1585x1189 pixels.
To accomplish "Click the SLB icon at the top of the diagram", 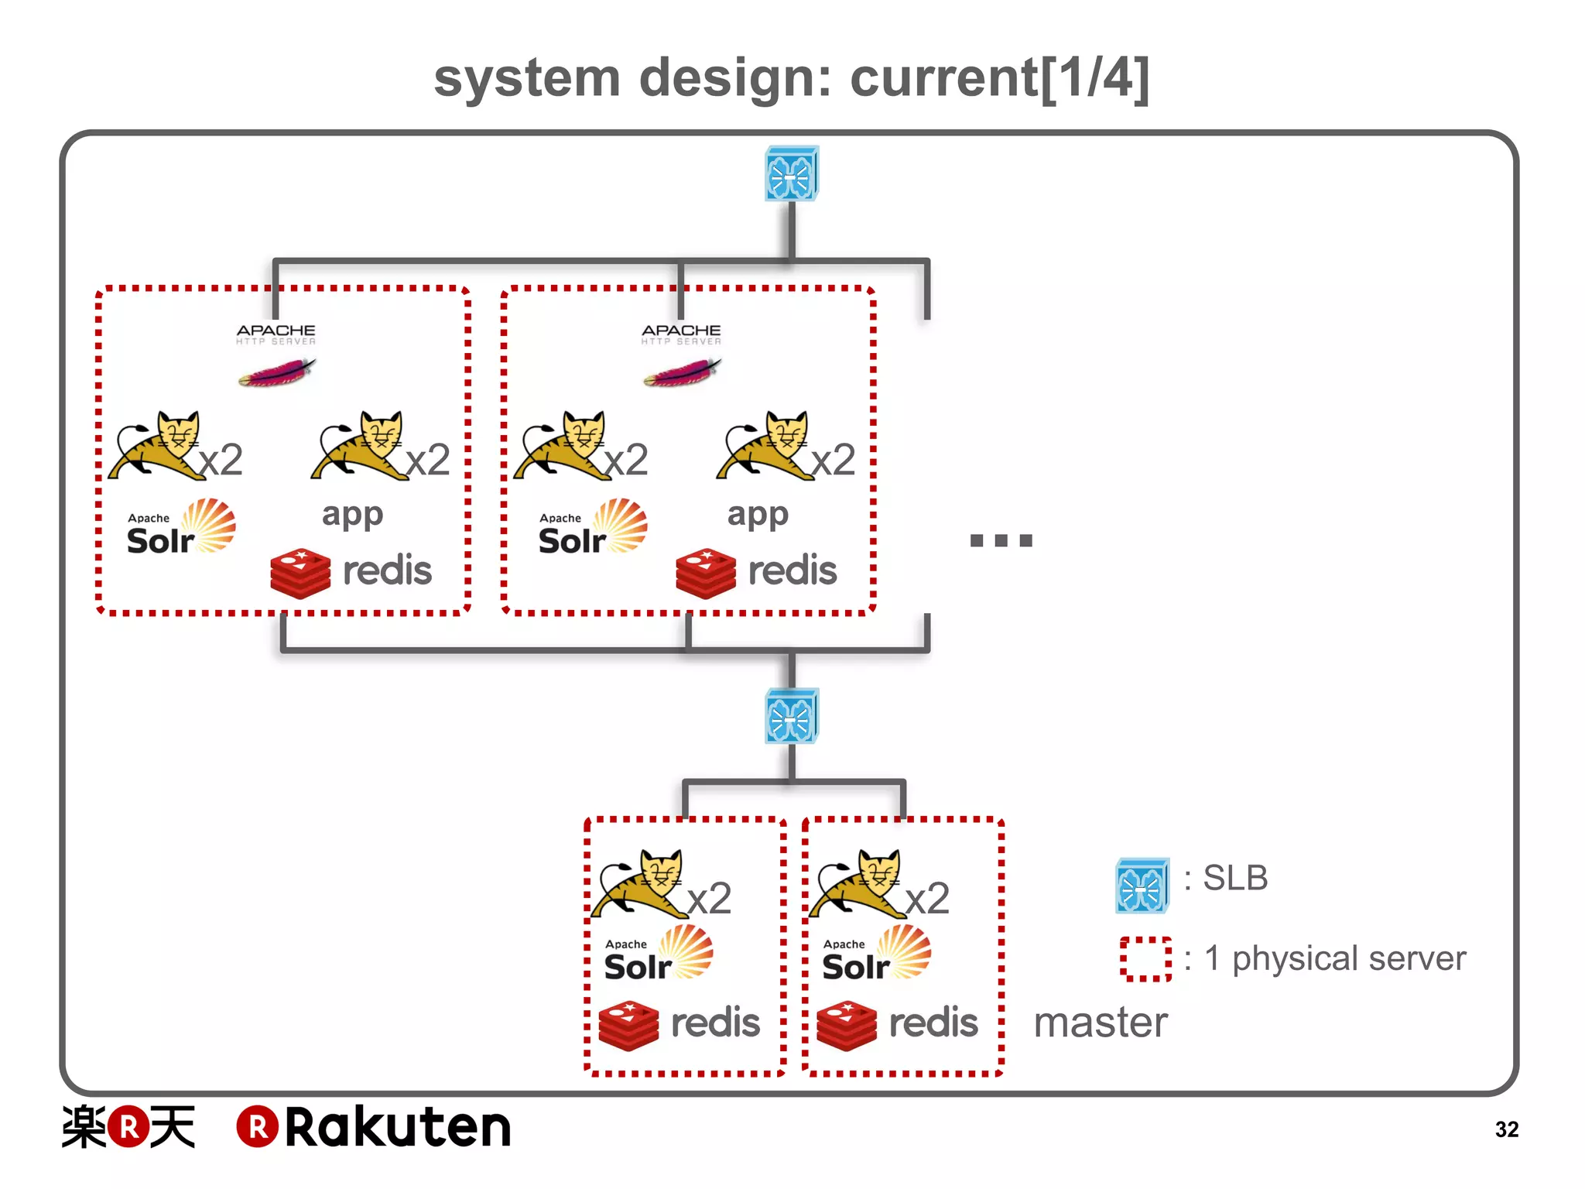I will [791, 174].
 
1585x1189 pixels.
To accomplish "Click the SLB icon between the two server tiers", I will [791, 716].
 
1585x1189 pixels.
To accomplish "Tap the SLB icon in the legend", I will [1142, 886].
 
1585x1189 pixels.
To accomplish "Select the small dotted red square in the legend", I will [1145, 959].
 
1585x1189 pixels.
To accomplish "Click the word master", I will [1100, 1023].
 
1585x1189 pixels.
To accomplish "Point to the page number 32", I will [1506, 1129].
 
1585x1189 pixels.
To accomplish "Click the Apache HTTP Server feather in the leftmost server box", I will [276, 372].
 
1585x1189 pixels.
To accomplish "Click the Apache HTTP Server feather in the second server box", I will [682, 372].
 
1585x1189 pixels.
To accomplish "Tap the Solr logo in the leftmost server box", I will [181, 529].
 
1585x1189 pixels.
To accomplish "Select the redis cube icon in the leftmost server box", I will [300, 574].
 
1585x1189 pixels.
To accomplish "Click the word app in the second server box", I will [757, 515].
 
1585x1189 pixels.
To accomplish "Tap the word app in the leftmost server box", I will [352, 515].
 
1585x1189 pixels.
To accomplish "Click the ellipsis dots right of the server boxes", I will [1001, 540].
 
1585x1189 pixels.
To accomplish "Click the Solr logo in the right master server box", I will [876, 954].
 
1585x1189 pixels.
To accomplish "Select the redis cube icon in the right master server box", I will [847, 1026].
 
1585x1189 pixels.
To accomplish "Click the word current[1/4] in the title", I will [999, 79].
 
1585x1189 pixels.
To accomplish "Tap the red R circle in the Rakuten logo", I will [257, 1127].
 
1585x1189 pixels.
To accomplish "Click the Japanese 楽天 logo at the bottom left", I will [128, 1127].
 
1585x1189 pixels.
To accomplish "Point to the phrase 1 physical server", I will [1334, 958].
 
